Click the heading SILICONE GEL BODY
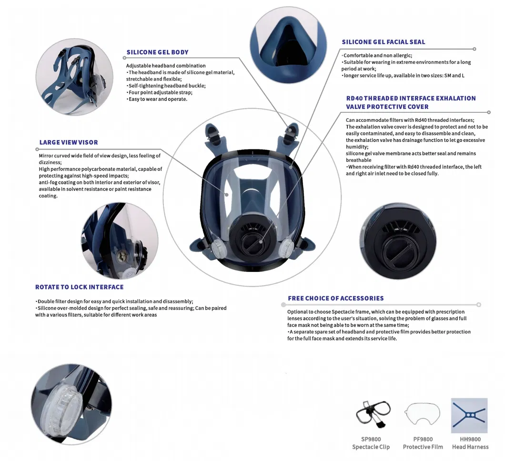pyautogui.click(x=157, y=52)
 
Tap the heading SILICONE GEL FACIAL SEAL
pyautogui.click(x=383, y=42)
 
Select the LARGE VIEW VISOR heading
pyautogui.click(x=69, y=142)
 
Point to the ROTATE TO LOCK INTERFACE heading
pyautogui.click(x=79, y=287)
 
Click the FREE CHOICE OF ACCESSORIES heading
pyautogui.click(x=335, y=299)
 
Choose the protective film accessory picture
pyautogui.click(x=423, y=414)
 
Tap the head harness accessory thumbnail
pyautogui.click(x=469, y=416)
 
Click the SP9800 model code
pyautogui.click(x=371, y=439)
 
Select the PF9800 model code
pyautogui.click(x=423, y=439)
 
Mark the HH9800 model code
pyautogui.click(x=470, y=439)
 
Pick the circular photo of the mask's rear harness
pyautogui.click(x=74, y=77)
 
